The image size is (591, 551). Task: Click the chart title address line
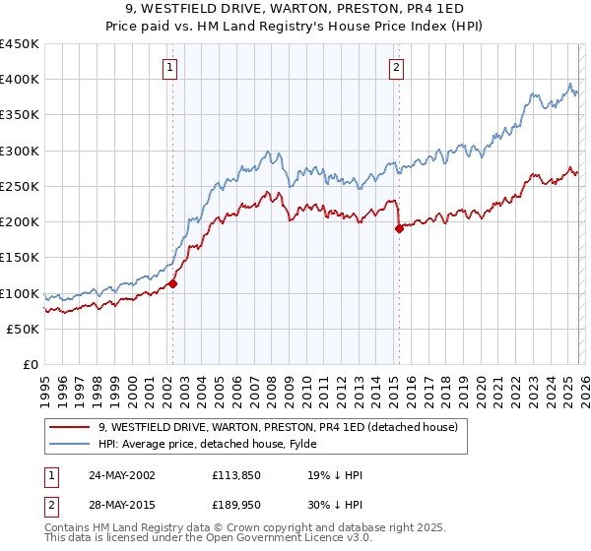coord(295,9)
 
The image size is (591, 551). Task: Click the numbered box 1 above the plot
coord(170,68)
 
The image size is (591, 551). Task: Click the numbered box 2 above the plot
coord(395,68)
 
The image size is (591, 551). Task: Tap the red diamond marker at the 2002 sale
coord(172,283)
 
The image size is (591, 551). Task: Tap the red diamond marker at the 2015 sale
coord(399,229)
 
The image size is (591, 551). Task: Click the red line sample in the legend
coord(71,428)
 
